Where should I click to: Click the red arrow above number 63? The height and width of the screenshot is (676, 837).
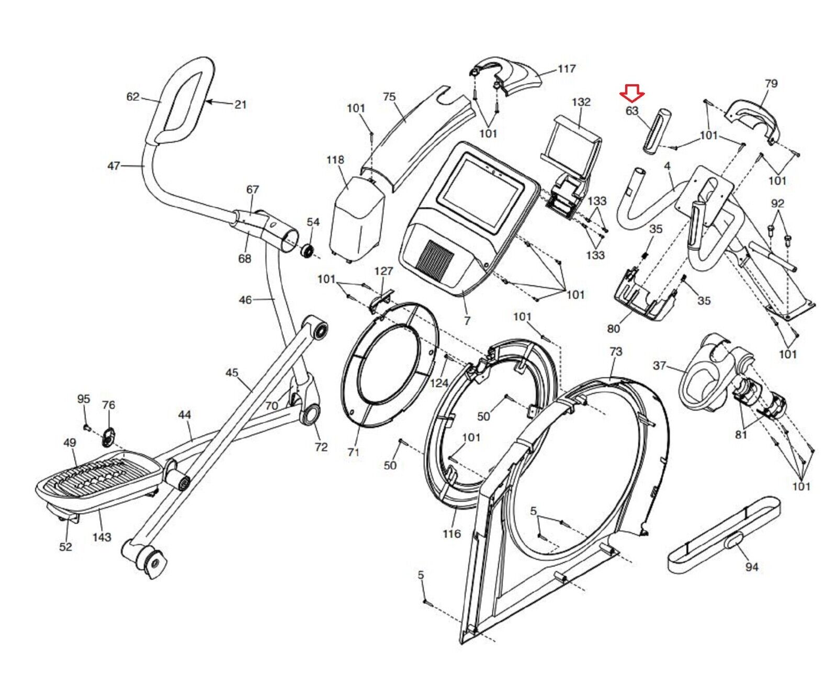632,94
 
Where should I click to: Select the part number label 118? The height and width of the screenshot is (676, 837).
335,160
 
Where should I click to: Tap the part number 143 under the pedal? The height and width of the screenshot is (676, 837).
101,537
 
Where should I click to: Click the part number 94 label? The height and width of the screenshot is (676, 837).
751,567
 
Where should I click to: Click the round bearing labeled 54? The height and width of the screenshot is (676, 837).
307,250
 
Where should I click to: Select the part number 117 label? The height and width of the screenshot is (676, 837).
567,69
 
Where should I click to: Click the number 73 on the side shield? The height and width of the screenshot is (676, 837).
616,352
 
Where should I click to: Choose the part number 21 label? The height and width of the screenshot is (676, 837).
240,104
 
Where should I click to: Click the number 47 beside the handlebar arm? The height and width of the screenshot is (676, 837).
114,166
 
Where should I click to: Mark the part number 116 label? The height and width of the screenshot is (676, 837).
451,534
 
